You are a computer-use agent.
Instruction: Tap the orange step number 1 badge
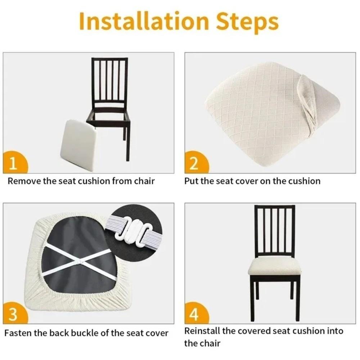tap(14, 163)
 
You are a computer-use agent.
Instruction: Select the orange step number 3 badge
tap(13, 314)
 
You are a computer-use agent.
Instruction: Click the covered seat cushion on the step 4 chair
tap(274, 266)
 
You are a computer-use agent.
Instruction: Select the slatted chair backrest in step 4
tap(275, 229)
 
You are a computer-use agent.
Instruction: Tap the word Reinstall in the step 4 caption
tap(202, 330)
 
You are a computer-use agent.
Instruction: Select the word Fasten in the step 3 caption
tap(18, 333)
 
